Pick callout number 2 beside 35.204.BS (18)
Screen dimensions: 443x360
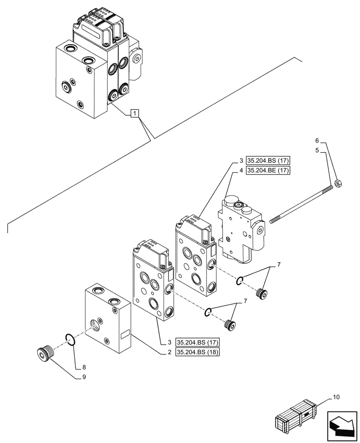click(x=169, y=352)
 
